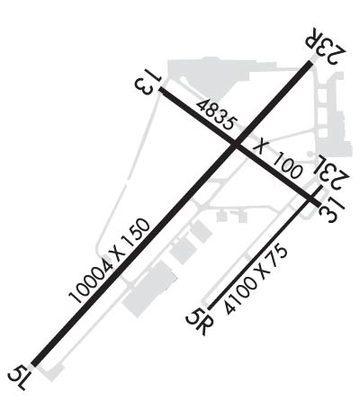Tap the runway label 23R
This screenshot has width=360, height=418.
[326, 46]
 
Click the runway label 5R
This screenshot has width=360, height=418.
[199, 321]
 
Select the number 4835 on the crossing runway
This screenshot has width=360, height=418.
[217, 115]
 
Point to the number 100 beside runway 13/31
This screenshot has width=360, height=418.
[285, 165]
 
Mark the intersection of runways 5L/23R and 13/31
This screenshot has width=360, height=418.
[235, 146]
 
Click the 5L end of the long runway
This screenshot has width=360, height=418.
[34, 363]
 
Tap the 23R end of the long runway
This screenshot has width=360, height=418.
[310, 63]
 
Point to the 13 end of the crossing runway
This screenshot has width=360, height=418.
[161, 90]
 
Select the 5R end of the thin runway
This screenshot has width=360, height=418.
[210, 308]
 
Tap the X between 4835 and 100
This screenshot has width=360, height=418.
[260, 147]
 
